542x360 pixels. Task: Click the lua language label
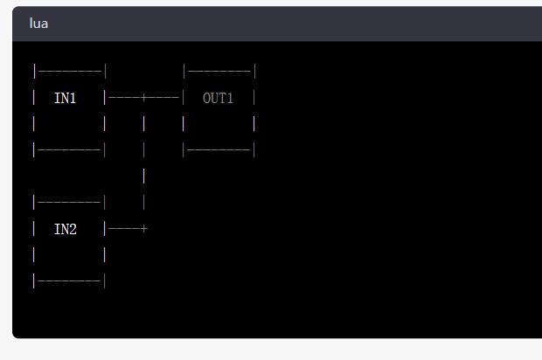[x=38, y=24]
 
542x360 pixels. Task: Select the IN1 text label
[x=66, y=98]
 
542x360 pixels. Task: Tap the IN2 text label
[x=66, y=229]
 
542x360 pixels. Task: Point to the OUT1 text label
[x=219, y=98]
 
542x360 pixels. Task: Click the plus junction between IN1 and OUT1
[x=144, y=98]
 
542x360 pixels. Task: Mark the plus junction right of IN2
[x=144, y=229]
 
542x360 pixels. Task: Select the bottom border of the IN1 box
[x=70, y=150]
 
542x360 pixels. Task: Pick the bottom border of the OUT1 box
[x=219, y=150]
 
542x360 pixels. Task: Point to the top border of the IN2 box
[x=70, y=203]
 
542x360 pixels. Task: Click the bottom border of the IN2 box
[x=70, y=281]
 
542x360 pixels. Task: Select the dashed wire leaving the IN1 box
[x=124, y=98]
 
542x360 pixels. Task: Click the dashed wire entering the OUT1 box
[x=164, y=98]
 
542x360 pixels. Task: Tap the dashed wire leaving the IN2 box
[x=124, y=229]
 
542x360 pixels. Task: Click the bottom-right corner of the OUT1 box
[x=254, y=150]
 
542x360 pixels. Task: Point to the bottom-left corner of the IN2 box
[x=35, y=281]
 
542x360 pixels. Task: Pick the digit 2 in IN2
[x=73, y=229]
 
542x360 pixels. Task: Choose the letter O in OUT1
[x=206, y=98]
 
